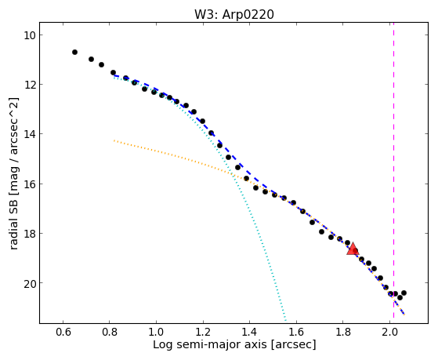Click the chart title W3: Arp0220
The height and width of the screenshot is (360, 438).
(234, 15)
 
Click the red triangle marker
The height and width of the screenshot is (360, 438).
(353, 249)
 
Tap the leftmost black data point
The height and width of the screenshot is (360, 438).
(74, 52)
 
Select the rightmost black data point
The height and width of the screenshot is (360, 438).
(404, 293)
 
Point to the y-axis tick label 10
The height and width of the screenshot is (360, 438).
(27, 35)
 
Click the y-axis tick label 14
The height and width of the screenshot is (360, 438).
(27, 134)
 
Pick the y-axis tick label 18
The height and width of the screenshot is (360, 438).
(27, 233)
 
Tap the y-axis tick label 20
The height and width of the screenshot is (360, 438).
(27, 283)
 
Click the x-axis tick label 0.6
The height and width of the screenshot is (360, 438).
(63, 332)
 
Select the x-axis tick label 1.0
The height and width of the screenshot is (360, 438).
(156, 332)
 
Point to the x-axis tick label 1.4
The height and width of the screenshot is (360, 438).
(249, 332)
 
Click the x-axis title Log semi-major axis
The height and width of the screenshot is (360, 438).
(210, 344)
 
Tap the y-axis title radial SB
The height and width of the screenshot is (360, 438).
(13, 221)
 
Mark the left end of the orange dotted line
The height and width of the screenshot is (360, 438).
(114, 140)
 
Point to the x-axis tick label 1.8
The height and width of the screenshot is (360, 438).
(342, 332)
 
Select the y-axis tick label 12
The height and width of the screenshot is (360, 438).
(27, 85)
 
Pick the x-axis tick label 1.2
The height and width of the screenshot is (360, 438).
(203, 332)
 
